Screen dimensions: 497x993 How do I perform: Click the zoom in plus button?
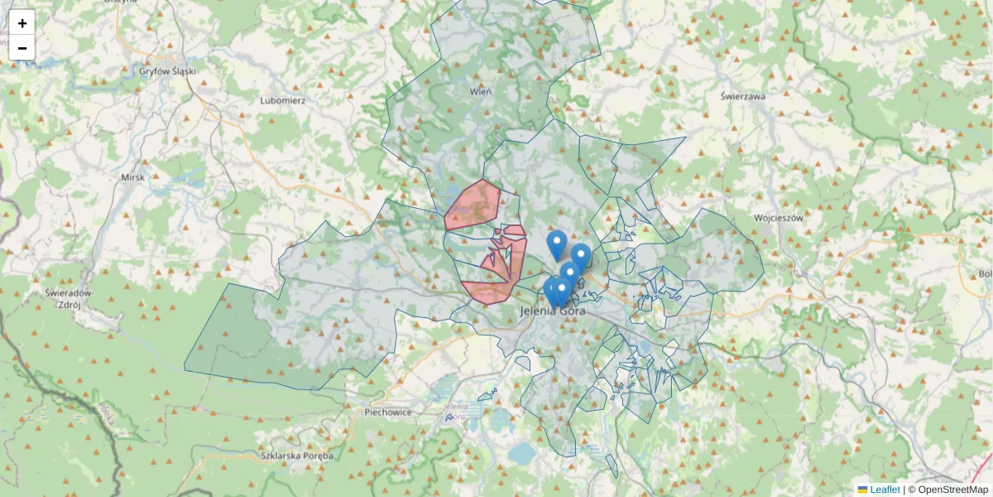click(x=22, y=23)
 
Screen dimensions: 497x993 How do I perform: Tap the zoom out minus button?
click(x=22, y=48)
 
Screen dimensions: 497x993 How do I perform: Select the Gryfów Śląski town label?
click(x=167, y=71)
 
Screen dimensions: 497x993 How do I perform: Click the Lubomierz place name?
click(x=283, y=100)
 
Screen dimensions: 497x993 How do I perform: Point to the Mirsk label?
click(x=132, y=177)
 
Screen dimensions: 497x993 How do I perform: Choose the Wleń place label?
click(x=481, y=91)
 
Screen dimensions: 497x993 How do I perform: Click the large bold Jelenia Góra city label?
click(x=554, y=311)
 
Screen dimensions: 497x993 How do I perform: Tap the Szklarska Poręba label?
click(x=296, y=456)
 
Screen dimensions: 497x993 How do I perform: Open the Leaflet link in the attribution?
click(x=884, y=490)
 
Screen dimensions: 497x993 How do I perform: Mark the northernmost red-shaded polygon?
click(x=473, y=205)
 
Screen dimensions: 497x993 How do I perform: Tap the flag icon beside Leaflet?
click(x=862, y=490)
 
